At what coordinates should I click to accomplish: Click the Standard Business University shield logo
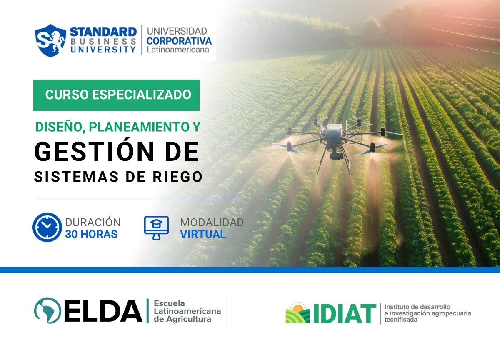coord(50,40)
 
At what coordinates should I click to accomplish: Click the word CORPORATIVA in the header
coord(179,41)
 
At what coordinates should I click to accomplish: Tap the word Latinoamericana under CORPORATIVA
coord(177,50)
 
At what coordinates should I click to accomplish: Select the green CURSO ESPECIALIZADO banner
coord(117,95)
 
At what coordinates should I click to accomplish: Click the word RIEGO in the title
coord(180,177)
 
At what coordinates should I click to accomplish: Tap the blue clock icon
coord(47,227)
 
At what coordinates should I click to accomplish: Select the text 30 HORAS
coord(91,234)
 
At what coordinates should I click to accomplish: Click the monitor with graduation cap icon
coord(156,227)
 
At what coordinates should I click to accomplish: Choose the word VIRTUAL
coord(203,234)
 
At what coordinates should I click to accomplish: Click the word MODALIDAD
coord(212,222)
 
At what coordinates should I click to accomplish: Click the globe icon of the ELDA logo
coord(47,311)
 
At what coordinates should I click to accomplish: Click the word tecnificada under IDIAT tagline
coord(401,320)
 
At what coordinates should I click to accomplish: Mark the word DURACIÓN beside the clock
coord(93,222)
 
